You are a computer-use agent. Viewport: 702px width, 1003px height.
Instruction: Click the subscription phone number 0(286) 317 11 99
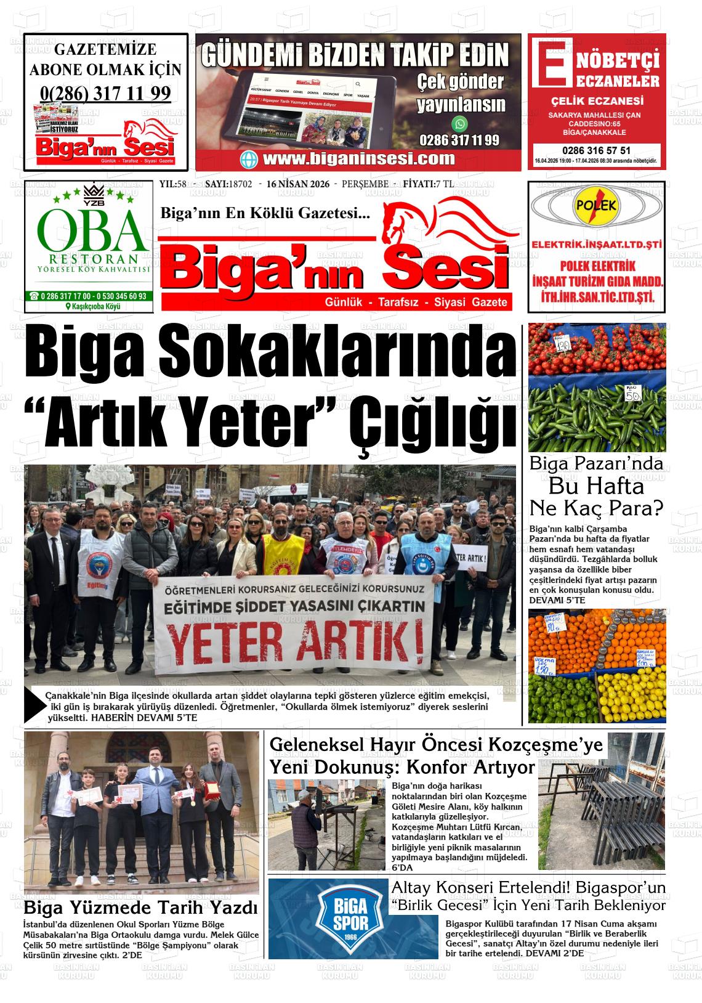click(x=105, y=93)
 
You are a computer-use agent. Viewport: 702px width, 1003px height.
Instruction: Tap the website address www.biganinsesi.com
click(x=358, y=158)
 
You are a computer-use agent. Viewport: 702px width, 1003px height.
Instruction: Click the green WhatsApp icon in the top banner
click(x=459, y=123)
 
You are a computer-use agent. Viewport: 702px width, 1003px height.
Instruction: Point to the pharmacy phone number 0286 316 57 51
click(x=595, y=150)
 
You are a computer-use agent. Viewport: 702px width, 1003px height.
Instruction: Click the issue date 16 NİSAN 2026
click(x=295, y=184)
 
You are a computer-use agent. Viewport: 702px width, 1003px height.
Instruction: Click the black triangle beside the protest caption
click(x=34, y=705)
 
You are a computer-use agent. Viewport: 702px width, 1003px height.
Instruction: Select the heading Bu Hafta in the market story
click(x=595, y=486)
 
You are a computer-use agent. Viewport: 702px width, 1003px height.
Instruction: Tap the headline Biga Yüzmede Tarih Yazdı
click(x=140, y=907)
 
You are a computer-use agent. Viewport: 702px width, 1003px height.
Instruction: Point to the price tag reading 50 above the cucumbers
click(x=633, y=395)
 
